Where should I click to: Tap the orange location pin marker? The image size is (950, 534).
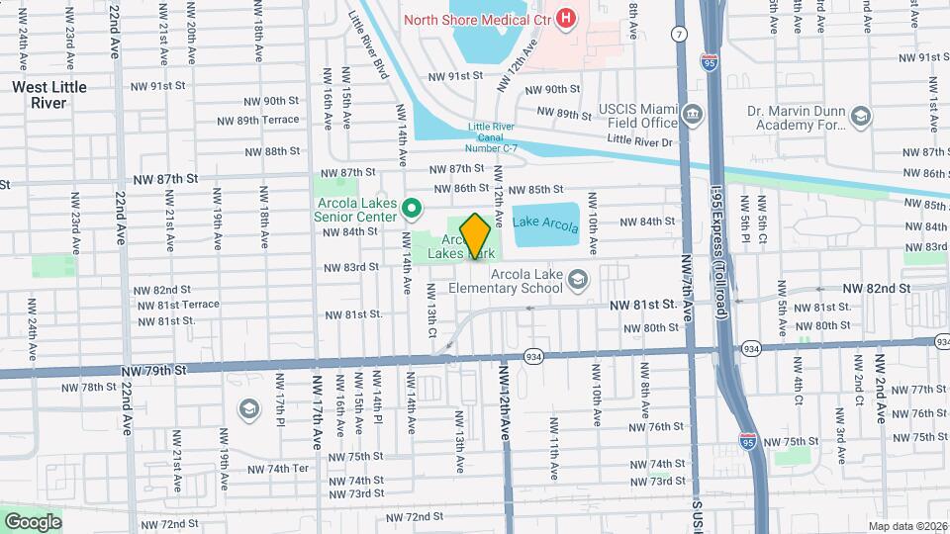point(476,235)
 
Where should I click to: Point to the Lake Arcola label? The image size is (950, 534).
point(545,226)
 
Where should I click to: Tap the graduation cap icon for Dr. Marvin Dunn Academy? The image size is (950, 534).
point(860,118)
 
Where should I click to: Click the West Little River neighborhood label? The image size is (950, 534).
point(49,95)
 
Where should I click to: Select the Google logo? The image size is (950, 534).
point(32,521)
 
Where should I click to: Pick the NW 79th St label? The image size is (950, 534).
point(153,371)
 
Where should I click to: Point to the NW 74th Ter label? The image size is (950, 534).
point(278,469)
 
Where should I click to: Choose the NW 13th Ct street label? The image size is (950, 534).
point(432,309)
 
